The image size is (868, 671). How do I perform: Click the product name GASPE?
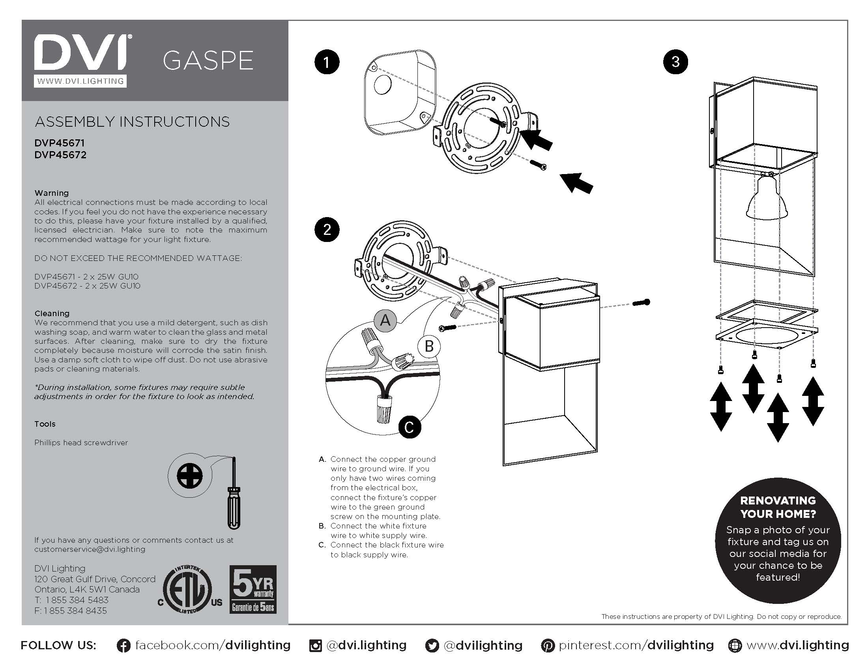tap(208, 61)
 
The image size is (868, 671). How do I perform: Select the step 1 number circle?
tap(327, 62)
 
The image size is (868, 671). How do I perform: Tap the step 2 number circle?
tap(327, 230)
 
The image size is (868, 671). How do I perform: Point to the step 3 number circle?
tap(675, 62)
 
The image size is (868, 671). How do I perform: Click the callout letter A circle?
tap(385, 321)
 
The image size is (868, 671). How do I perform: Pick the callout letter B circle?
tap(429, 346)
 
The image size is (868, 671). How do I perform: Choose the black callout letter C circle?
tap(410, 427)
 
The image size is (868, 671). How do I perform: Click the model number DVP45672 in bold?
tap(60, 155)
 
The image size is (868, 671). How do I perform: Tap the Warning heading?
tap(52, 193)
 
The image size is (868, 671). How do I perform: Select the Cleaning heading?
tap(52, 313)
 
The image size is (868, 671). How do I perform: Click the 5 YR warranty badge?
tap(253, 589)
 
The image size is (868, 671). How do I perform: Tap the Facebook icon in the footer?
tap(123, 646)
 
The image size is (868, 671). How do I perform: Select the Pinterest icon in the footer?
tap(548, 646)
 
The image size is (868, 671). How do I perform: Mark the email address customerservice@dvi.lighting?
tap(90, 549)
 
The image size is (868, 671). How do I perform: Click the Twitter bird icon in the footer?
tap(432, 646)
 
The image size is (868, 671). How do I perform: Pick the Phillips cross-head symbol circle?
tap(189, 476)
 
